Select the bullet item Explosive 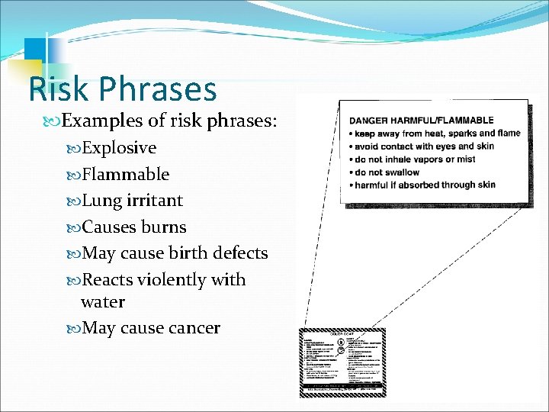click(119, 147)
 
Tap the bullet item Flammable click(125, 174)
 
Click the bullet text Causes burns click(133, 227)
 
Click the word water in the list click(103, 302)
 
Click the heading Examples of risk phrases click(169, 121)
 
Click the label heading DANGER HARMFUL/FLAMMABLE click(421, 121)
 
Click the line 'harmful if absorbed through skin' click(425, 185)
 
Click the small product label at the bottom click(342, 362)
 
